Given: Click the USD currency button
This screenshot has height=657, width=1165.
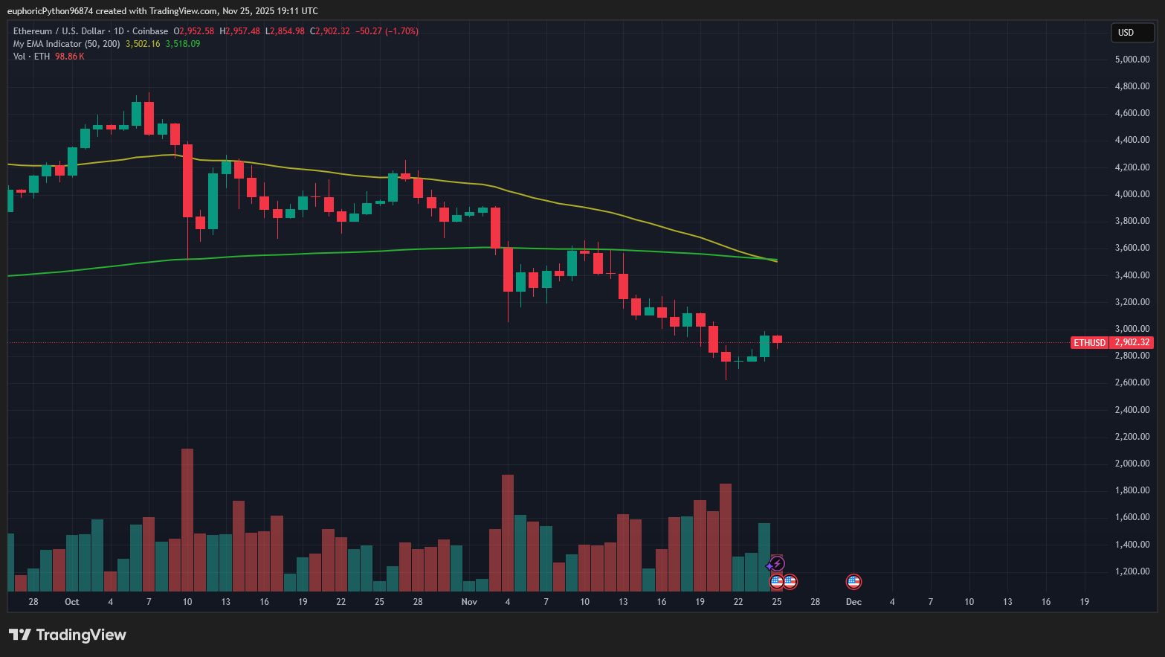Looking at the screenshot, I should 1132,32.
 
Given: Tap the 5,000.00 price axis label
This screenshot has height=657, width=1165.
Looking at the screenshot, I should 1132,60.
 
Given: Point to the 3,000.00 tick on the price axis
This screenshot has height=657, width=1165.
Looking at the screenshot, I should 1132,329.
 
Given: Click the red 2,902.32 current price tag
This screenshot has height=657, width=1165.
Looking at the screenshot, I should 1132,342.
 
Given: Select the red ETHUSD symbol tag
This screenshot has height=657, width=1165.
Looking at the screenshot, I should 1089,342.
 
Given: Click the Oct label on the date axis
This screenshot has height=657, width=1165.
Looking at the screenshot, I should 72,602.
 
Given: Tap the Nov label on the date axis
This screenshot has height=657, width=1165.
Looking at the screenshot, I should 469,602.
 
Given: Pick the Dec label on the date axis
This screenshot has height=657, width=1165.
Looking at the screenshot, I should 853,602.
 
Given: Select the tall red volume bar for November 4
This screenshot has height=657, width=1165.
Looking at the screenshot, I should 508,532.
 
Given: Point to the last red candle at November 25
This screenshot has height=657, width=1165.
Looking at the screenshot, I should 777,339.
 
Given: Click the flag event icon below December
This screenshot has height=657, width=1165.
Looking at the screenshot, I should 853,582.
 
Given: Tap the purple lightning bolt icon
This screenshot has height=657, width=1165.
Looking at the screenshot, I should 776,564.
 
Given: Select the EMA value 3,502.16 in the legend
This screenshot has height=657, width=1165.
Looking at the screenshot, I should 143,44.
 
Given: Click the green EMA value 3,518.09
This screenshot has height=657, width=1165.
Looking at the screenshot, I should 183,44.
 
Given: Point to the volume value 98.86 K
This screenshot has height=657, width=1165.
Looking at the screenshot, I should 70,57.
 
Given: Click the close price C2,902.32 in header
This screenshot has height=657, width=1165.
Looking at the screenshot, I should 330,31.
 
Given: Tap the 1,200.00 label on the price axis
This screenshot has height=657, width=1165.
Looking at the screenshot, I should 1132,571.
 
